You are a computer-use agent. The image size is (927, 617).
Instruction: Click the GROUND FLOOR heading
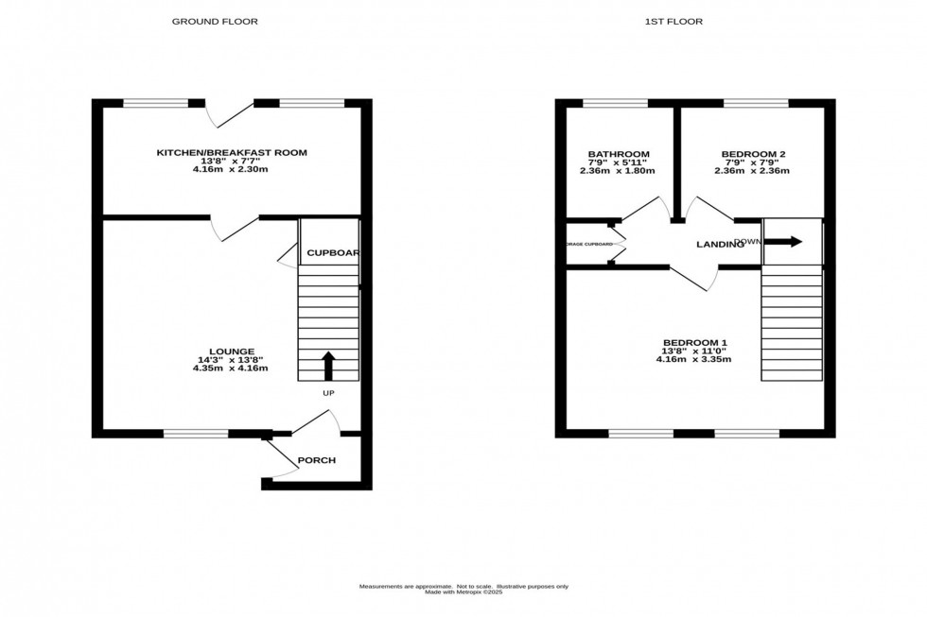[215, 21]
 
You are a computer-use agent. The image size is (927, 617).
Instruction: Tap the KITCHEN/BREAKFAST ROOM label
[232, 152]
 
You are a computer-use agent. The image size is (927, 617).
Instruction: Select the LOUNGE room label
[233, 351]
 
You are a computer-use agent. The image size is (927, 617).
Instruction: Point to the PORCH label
[317, 461]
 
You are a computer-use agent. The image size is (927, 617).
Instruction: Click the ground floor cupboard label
[330, 253]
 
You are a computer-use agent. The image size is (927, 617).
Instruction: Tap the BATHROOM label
[619, 154]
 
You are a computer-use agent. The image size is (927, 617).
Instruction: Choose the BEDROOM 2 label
[753, 154]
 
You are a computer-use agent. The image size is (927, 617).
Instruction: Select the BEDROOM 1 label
[695, 342]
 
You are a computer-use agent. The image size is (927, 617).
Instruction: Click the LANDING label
[720, 245]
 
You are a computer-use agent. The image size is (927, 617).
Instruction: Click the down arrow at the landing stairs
[783, 242]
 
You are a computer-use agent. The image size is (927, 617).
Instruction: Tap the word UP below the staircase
[328, 393]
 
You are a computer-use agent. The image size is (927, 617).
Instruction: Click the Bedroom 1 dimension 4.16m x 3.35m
[695, 359]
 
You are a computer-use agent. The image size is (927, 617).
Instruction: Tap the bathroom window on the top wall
[615, 103]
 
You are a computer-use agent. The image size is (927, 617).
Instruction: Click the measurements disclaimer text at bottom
[463, 588]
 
